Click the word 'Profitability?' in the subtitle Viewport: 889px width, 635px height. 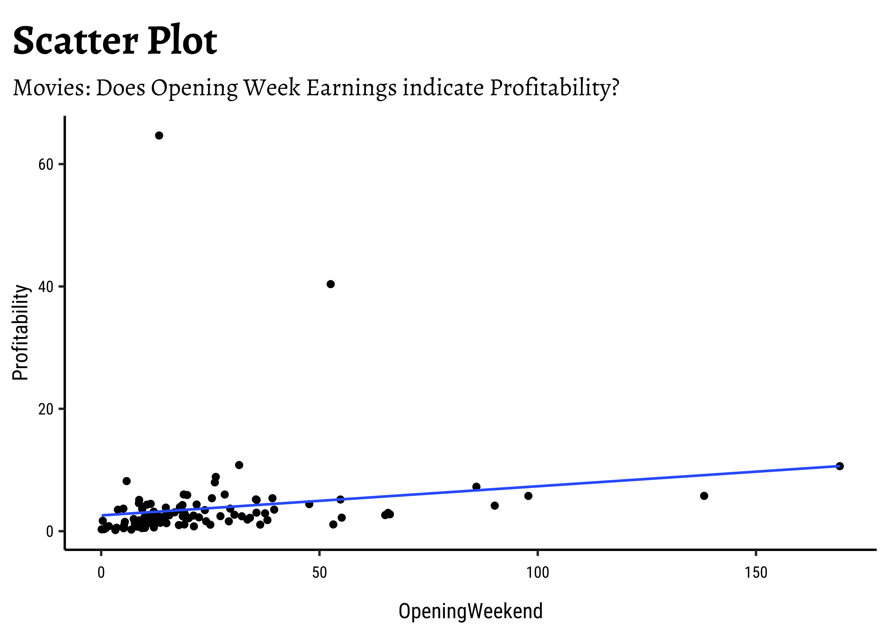(554, 88)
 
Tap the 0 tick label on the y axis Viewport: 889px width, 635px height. (49, 531)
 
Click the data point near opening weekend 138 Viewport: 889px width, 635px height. (704, 496)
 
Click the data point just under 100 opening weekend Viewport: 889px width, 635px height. (528, 496)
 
